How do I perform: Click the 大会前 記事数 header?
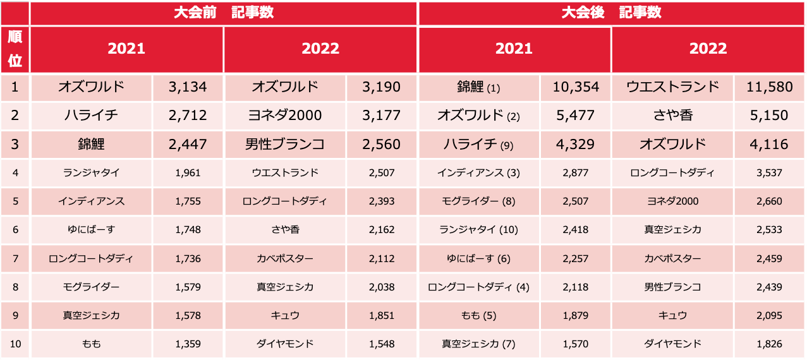[x=224, y=13]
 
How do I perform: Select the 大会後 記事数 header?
[x=611, y=13]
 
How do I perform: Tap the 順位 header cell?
[x=15, y=49]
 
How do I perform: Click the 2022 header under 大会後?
[x=708, y=49]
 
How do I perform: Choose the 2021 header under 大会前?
[x=126, y=49]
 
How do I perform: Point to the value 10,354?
[x=576, y=87]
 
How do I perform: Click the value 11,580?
[x=769, y=87]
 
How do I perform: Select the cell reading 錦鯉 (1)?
[x=478, y=87]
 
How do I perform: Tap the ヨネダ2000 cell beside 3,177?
[x=285, y=116]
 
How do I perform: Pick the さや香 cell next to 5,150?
[x=672, y=116]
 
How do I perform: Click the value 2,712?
[x=188, y=116]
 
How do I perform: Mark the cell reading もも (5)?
[x=478, y=315]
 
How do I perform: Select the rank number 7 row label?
[x=15, y=258]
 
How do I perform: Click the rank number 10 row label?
[x=15, y=344]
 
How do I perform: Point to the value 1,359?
[x=188, y=344]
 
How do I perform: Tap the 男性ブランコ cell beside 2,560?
[x=285, y=144]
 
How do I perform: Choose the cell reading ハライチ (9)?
[x=478, y=144]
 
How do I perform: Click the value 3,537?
[x=769, y=173]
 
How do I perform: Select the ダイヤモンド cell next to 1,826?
[x=672, y=344]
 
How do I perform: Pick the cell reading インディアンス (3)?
[x=478, y=173]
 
